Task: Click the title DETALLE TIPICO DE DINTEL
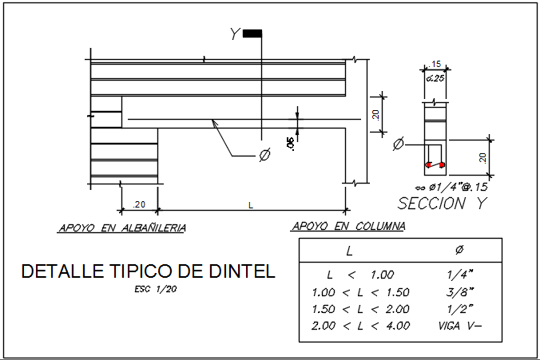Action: (148, 271)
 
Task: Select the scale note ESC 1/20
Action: (157, 289)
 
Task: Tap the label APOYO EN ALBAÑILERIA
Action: (122, 228)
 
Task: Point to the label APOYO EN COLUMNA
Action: (349, 227)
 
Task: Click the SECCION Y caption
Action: (443, 204)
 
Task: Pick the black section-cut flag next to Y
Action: (252, 34)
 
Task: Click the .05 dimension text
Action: (288, 143)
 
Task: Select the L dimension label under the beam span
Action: (251, 205)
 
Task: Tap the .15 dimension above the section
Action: (436, 65)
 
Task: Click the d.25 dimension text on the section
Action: (435, 78)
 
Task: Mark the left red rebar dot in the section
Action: (429, 165)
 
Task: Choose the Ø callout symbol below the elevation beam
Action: (264, 155)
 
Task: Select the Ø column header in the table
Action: (459, 250)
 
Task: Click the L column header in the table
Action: (350, 251)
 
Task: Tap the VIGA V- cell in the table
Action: (460, 326)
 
